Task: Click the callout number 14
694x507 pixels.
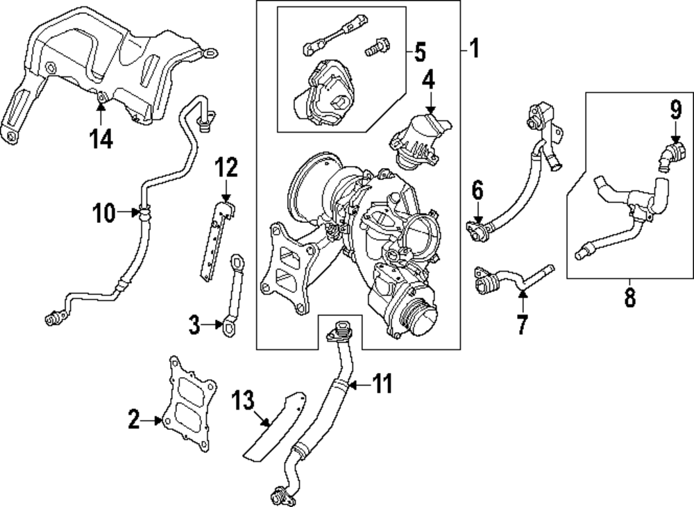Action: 100,140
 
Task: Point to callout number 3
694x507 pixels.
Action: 195,323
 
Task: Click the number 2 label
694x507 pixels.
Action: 134,419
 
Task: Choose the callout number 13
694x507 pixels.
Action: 244,401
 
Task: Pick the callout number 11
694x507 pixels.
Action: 382,383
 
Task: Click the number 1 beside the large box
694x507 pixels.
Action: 474,49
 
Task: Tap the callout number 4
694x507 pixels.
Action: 429,81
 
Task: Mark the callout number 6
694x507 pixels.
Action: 477,189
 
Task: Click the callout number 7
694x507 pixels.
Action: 522,324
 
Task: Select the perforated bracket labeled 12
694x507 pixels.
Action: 215,240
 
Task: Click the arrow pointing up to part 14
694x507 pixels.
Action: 101,111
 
